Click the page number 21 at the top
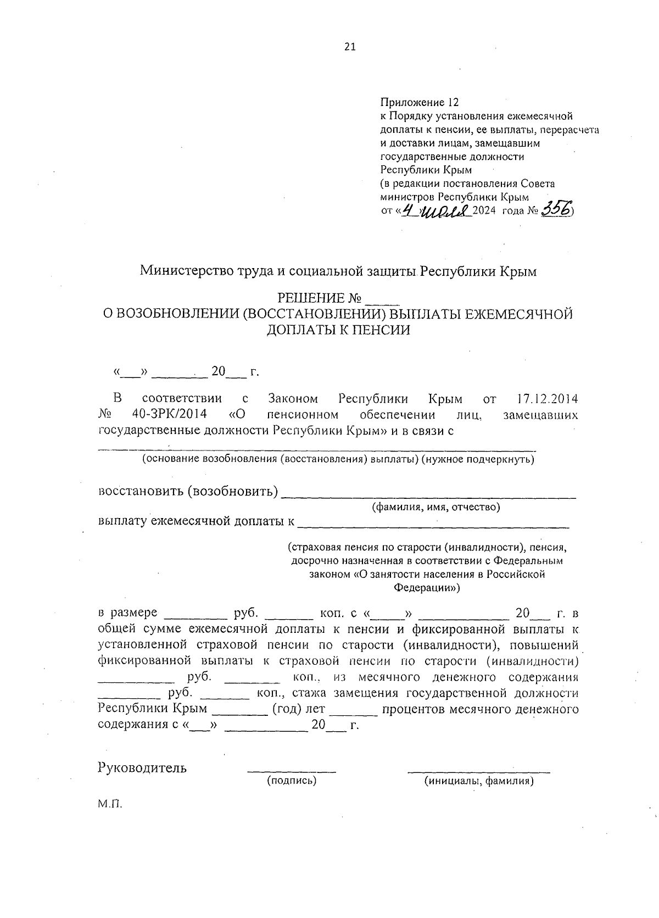point(350,47)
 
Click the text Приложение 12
point(418,103)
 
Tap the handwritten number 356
point(556,209)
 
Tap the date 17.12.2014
point(547,398)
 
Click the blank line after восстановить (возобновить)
point(428,494)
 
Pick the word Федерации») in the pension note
point(427,588)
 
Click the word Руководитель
point(142,768)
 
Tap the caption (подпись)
point(292,781)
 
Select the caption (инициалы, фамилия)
point(478,781)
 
